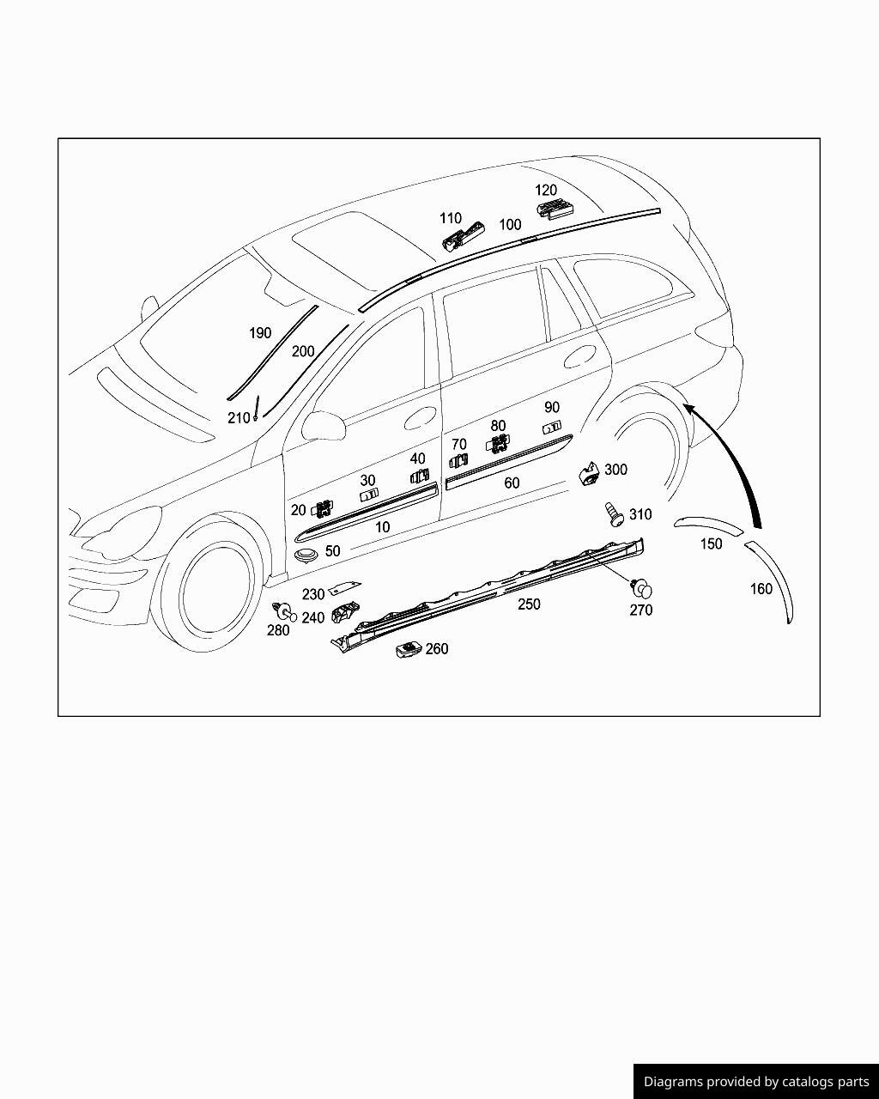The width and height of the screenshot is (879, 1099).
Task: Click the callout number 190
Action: point(259,333)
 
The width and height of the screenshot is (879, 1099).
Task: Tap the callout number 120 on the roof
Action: point(546,190)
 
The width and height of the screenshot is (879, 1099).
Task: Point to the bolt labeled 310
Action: point(614,514)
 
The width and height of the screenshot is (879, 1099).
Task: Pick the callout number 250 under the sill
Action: point(529,604)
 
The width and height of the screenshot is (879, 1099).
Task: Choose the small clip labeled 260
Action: point(409,650)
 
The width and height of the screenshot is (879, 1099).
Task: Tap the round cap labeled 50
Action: point(306,556)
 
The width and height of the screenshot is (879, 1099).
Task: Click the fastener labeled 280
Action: point(281,611)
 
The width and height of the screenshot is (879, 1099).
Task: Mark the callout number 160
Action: point(761,589)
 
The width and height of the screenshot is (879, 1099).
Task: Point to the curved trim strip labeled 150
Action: point(706,524)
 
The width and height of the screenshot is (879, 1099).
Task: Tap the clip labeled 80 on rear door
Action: point(497,444)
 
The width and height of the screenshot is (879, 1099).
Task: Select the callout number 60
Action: point(512,483)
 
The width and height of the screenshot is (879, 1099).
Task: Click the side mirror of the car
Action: point(322,426)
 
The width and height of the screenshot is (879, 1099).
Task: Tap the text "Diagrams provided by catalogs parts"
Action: point(756,1082)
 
